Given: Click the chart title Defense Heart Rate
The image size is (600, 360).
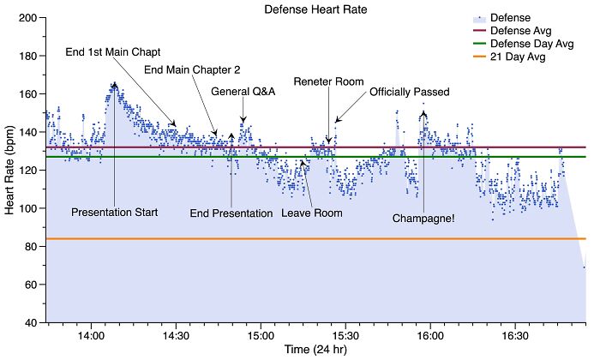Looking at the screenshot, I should pos(315,8).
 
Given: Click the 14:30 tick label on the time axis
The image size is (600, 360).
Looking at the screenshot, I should pos(176,337).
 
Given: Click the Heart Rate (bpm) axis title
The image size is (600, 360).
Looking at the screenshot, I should pos(9,170).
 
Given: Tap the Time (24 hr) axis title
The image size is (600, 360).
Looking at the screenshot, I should pos(316,351).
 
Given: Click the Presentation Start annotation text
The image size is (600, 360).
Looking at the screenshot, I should pos(114,212).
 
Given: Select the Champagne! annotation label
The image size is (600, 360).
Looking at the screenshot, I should pos(423,219).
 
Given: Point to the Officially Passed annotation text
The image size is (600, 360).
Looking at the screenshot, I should pos(409,92).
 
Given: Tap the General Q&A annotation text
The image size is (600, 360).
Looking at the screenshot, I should pos(243,92).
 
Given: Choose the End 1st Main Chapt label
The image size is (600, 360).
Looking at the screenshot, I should pos(113,51).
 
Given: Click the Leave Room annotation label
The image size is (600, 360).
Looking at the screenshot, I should pos(312,213).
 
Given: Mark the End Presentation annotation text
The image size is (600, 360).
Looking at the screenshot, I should pos(231,213).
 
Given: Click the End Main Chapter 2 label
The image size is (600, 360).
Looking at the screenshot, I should pos(192,70).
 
